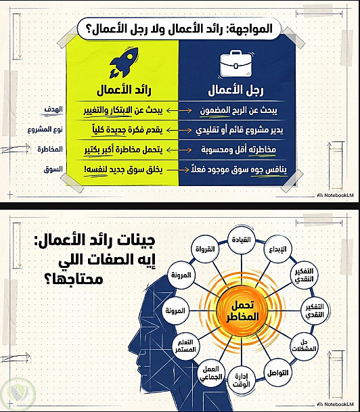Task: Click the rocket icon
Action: (124, 62)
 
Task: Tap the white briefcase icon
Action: (235, 64)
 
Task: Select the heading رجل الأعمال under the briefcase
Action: (235, 90)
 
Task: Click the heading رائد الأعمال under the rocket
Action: (124, 90)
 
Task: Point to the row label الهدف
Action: (53, 110)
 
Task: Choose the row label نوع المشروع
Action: (45, 129)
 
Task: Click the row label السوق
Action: (53, 169)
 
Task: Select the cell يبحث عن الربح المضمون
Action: (239, 111)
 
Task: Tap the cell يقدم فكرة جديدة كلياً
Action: (127, 130)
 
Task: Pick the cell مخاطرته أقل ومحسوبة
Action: (239, 150)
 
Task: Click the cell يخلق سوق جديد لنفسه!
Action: (123, 170)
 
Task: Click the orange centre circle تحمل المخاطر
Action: (242, 311)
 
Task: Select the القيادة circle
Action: (241, 240)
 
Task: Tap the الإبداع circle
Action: (277, 249)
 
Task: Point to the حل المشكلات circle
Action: (304, 346)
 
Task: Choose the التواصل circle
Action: (277, 373)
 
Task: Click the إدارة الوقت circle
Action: (241, 380)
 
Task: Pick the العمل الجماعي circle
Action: (211, 373)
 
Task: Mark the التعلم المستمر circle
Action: (185, 346)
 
